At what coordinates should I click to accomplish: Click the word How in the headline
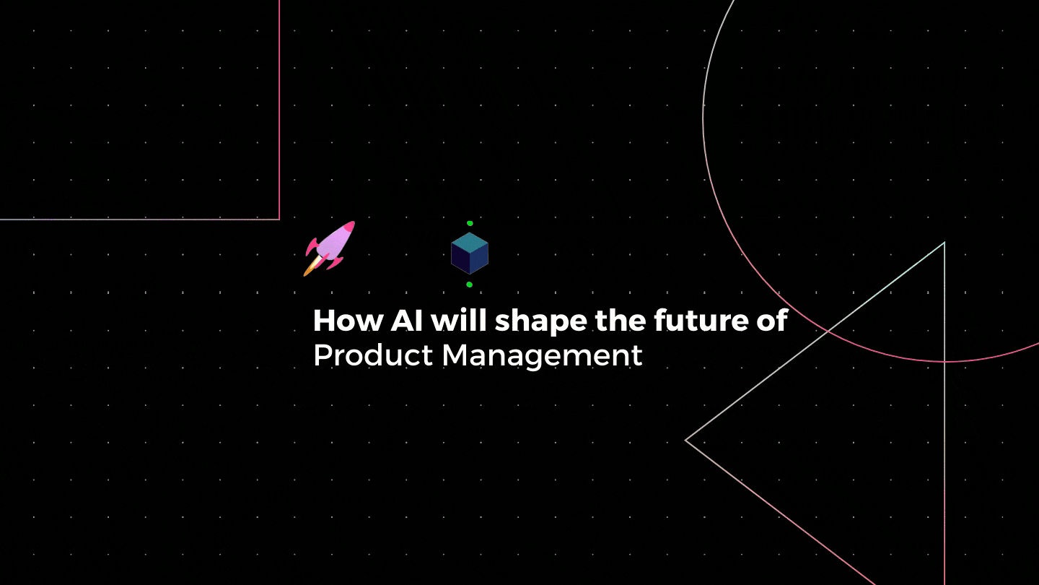click(x=348, y=321)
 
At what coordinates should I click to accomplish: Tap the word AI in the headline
click(x=407, y=321)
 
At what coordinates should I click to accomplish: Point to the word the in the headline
click(x=621, y=320)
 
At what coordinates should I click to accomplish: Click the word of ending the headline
click(x=772, y=320)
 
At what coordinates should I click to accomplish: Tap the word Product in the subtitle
click(x=374, y=355)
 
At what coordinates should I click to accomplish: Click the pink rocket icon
click(x=329, y=248)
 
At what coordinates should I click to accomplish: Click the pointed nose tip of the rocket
click(x=354, y=222)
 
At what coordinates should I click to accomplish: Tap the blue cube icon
click(x=470, y=253)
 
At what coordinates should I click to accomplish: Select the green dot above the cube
click(x=470, y=223)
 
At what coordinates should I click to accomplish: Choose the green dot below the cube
click(x=470, y=285)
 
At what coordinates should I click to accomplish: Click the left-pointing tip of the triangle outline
click(x=685, y=440)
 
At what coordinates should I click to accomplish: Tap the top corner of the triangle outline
click(x=944, y=243)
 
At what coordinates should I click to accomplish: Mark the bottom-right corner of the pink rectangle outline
click(x=279, y=219)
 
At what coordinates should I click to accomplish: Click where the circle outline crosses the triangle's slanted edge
click(x=828, y=331)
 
